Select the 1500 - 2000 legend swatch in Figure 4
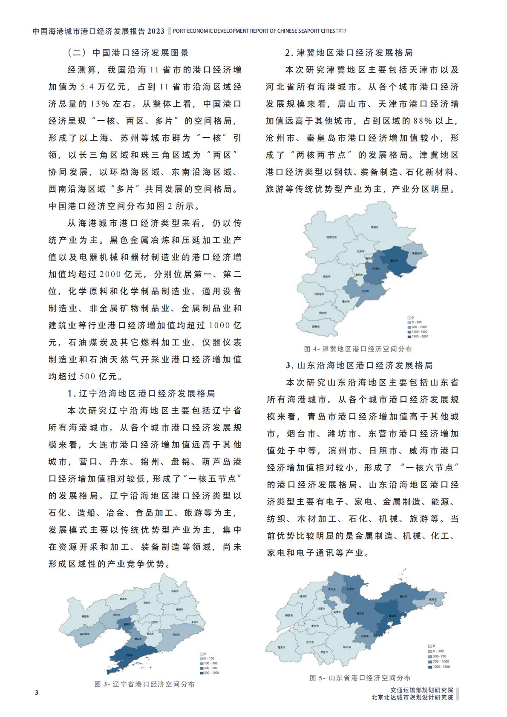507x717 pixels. tap(409, 337)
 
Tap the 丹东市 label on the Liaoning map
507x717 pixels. tap(176, 635)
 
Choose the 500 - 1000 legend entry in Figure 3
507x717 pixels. tap(202, 673)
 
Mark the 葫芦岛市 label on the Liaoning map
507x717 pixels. tap(84, 633)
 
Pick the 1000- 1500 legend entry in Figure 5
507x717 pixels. tap(430, 667)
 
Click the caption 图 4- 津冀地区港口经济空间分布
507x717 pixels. tap(358, 349)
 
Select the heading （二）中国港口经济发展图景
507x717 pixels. tap(128, 53)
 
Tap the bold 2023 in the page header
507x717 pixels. tap(156, 31)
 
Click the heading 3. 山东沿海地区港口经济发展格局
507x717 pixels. tap(359, 366)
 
